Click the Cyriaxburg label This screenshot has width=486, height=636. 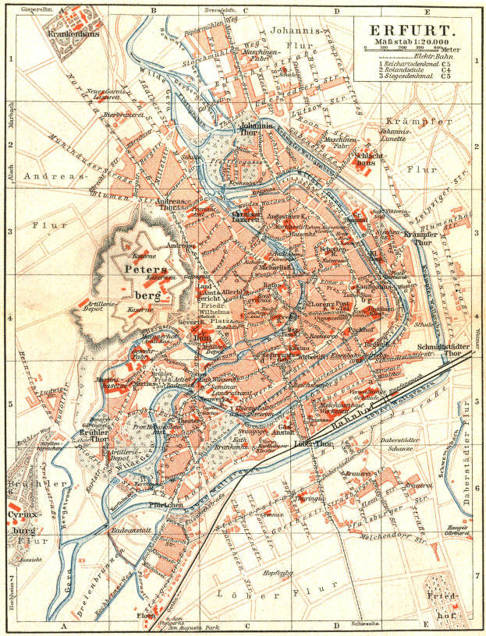pyautogui.click(x=23, y=521)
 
